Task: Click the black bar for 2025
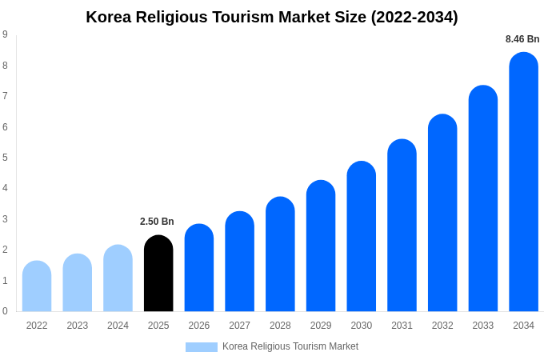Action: click(x=158, y=274)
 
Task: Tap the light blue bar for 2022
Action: click(x=37, y=286)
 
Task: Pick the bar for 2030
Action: click(x=361, y=237)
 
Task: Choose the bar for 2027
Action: click(x=239, y=262)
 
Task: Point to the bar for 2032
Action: click(x=442, y=214)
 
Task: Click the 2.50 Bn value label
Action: click(x=157, y=222)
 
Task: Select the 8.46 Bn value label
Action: click(x=522, y=39)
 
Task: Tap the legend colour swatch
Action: click(x=202, y=347)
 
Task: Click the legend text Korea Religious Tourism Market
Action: click(x=290, y=346)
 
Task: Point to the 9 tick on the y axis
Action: click(x=5, y=34)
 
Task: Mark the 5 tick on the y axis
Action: click(x=5, y=158)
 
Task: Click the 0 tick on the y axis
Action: click(x=5, y=311)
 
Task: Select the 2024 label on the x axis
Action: click(x=118, y=326)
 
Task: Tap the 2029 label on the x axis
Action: click(x=321, y=326)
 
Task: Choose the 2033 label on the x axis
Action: click(x=483, y=326)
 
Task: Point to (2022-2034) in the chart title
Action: click(x=414, y=17)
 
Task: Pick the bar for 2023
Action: click(x=78, y=283)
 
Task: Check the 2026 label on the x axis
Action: click(x=199, y=326)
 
